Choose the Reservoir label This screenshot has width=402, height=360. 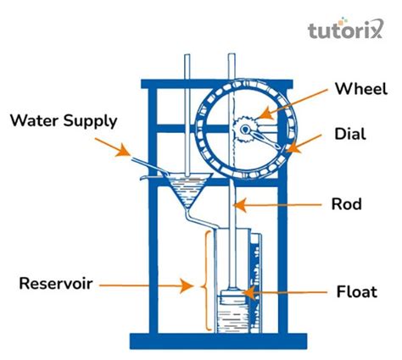click(x=57, y=282)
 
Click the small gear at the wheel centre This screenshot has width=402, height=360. click(x=244, y=130)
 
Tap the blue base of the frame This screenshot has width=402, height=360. click(x=219, y=341)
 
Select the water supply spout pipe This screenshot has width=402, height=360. click(x=144, y=162)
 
